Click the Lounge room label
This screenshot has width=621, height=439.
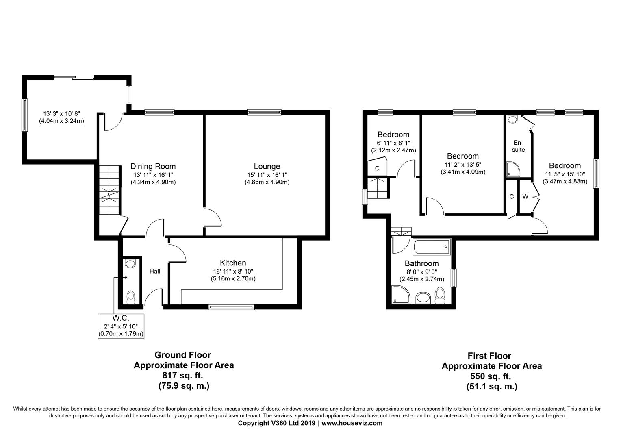267,166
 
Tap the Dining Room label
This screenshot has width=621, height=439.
153,166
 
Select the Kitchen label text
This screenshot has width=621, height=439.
233,263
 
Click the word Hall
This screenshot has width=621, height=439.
155,271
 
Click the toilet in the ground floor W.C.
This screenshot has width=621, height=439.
130,297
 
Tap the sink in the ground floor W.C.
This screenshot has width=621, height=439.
130,263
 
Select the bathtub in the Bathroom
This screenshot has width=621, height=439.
431,247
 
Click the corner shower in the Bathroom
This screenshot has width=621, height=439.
401,295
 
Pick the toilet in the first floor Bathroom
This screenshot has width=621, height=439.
440,296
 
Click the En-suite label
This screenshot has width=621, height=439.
518,146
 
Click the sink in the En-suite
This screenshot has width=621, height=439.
513,119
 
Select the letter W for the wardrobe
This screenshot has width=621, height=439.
525,197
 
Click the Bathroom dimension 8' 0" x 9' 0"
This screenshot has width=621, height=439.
422,272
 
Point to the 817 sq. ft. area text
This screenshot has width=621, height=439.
183,375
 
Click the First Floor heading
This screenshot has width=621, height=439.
489,356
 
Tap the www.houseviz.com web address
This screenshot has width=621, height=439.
352,423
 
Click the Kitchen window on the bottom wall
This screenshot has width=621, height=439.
231,307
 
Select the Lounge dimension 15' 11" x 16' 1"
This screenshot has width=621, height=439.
267,175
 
